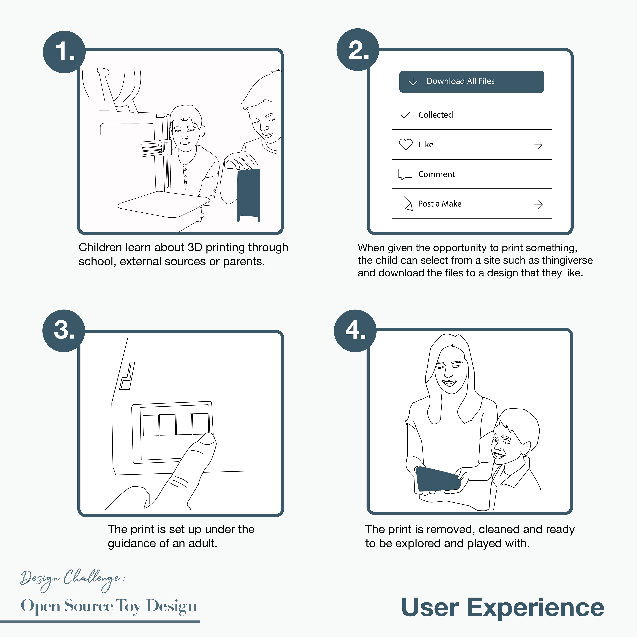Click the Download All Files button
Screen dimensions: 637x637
(x=471, y=81)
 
